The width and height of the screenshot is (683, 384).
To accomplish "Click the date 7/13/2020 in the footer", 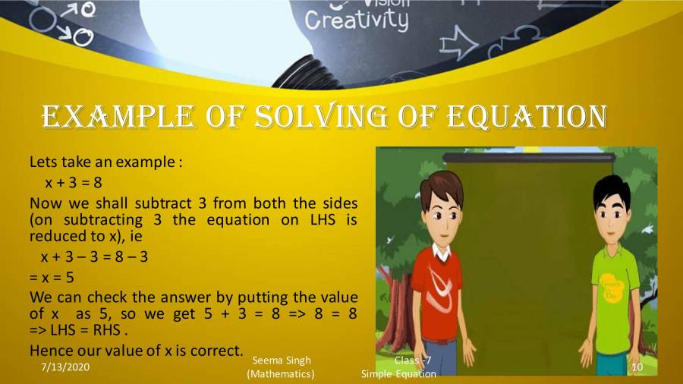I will (67, 367).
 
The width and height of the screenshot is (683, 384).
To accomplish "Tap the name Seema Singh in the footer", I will (281, 360).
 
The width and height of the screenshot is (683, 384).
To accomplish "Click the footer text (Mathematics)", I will (281, 374).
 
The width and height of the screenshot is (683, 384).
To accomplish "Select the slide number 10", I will (637, 367).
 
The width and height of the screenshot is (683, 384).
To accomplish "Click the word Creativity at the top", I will (356, 20).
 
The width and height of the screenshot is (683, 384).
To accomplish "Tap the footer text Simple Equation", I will (398, 374).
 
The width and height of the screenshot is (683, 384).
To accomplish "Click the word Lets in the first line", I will (42, 162).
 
